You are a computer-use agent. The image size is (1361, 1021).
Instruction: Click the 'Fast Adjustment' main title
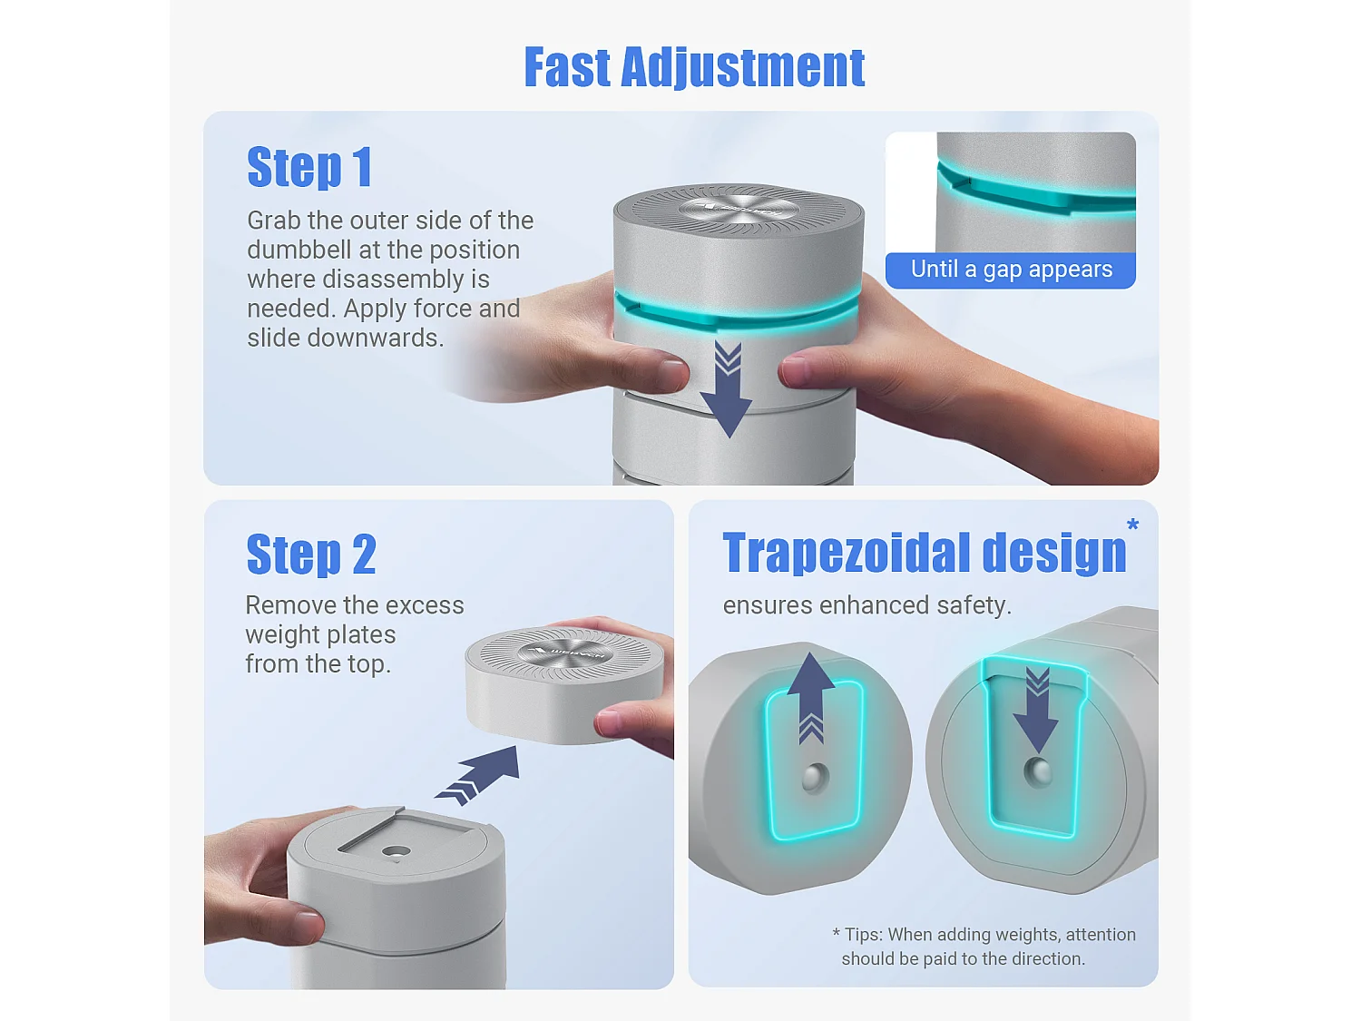pyautogui.click(x=694, y=67)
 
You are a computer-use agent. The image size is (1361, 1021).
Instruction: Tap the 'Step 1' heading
pyautogui.click(x=309, y=166)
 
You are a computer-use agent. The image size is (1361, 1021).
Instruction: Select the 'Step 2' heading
pyautogui.click(x=310, y=554)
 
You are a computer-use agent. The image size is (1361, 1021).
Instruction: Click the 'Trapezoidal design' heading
pyautogui.click(x=925, y=552)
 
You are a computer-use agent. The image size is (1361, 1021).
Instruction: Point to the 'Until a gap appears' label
pyautogui.click(x=1012, y=269)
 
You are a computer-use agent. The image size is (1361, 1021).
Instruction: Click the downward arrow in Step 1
pyautogui.click(x=726, y=389)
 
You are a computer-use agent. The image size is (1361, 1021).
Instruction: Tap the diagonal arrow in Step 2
pyautogui.click(x=477, y=776)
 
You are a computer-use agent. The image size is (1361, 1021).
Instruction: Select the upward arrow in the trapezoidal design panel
pyautogui.click(x=811, y=697)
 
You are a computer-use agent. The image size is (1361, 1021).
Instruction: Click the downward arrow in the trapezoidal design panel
pyautogui.click(x=1037, y=710)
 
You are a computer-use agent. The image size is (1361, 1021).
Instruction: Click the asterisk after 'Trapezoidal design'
pyautogui.click(x=1133, y=525)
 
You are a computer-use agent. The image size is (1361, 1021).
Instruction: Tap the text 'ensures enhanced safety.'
pyautogui.click(x=867, y=605)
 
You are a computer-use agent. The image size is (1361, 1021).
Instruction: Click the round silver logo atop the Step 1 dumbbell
pyautogui.click(x=739, y=210)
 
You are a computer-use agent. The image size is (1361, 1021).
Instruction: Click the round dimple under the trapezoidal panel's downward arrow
pyautogui.click(x=1038, y=771)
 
